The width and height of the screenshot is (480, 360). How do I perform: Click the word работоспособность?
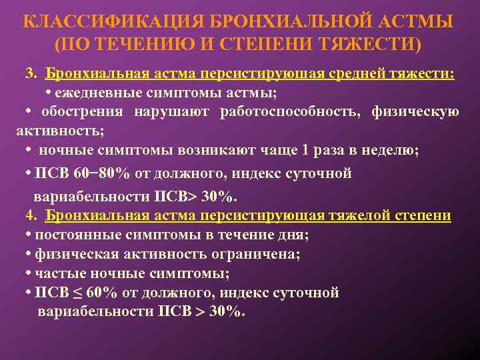coord(290,111)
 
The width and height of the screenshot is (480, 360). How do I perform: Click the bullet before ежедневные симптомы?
coord(49,91)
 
